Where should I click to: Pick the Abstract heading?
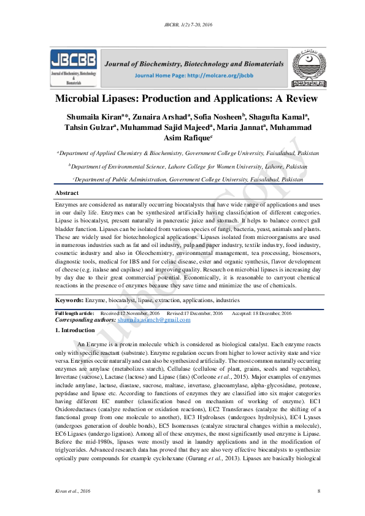coord(67,193)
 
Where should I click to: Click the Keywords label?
coord(69,300)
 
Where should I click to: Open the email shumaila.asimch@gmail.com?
coord(154,320)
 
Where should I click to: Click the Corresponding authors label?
coord(85,320)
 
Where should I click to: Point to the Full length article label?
coord(74,313)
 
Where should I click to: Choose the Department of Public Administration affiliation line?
coord(188,180)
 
